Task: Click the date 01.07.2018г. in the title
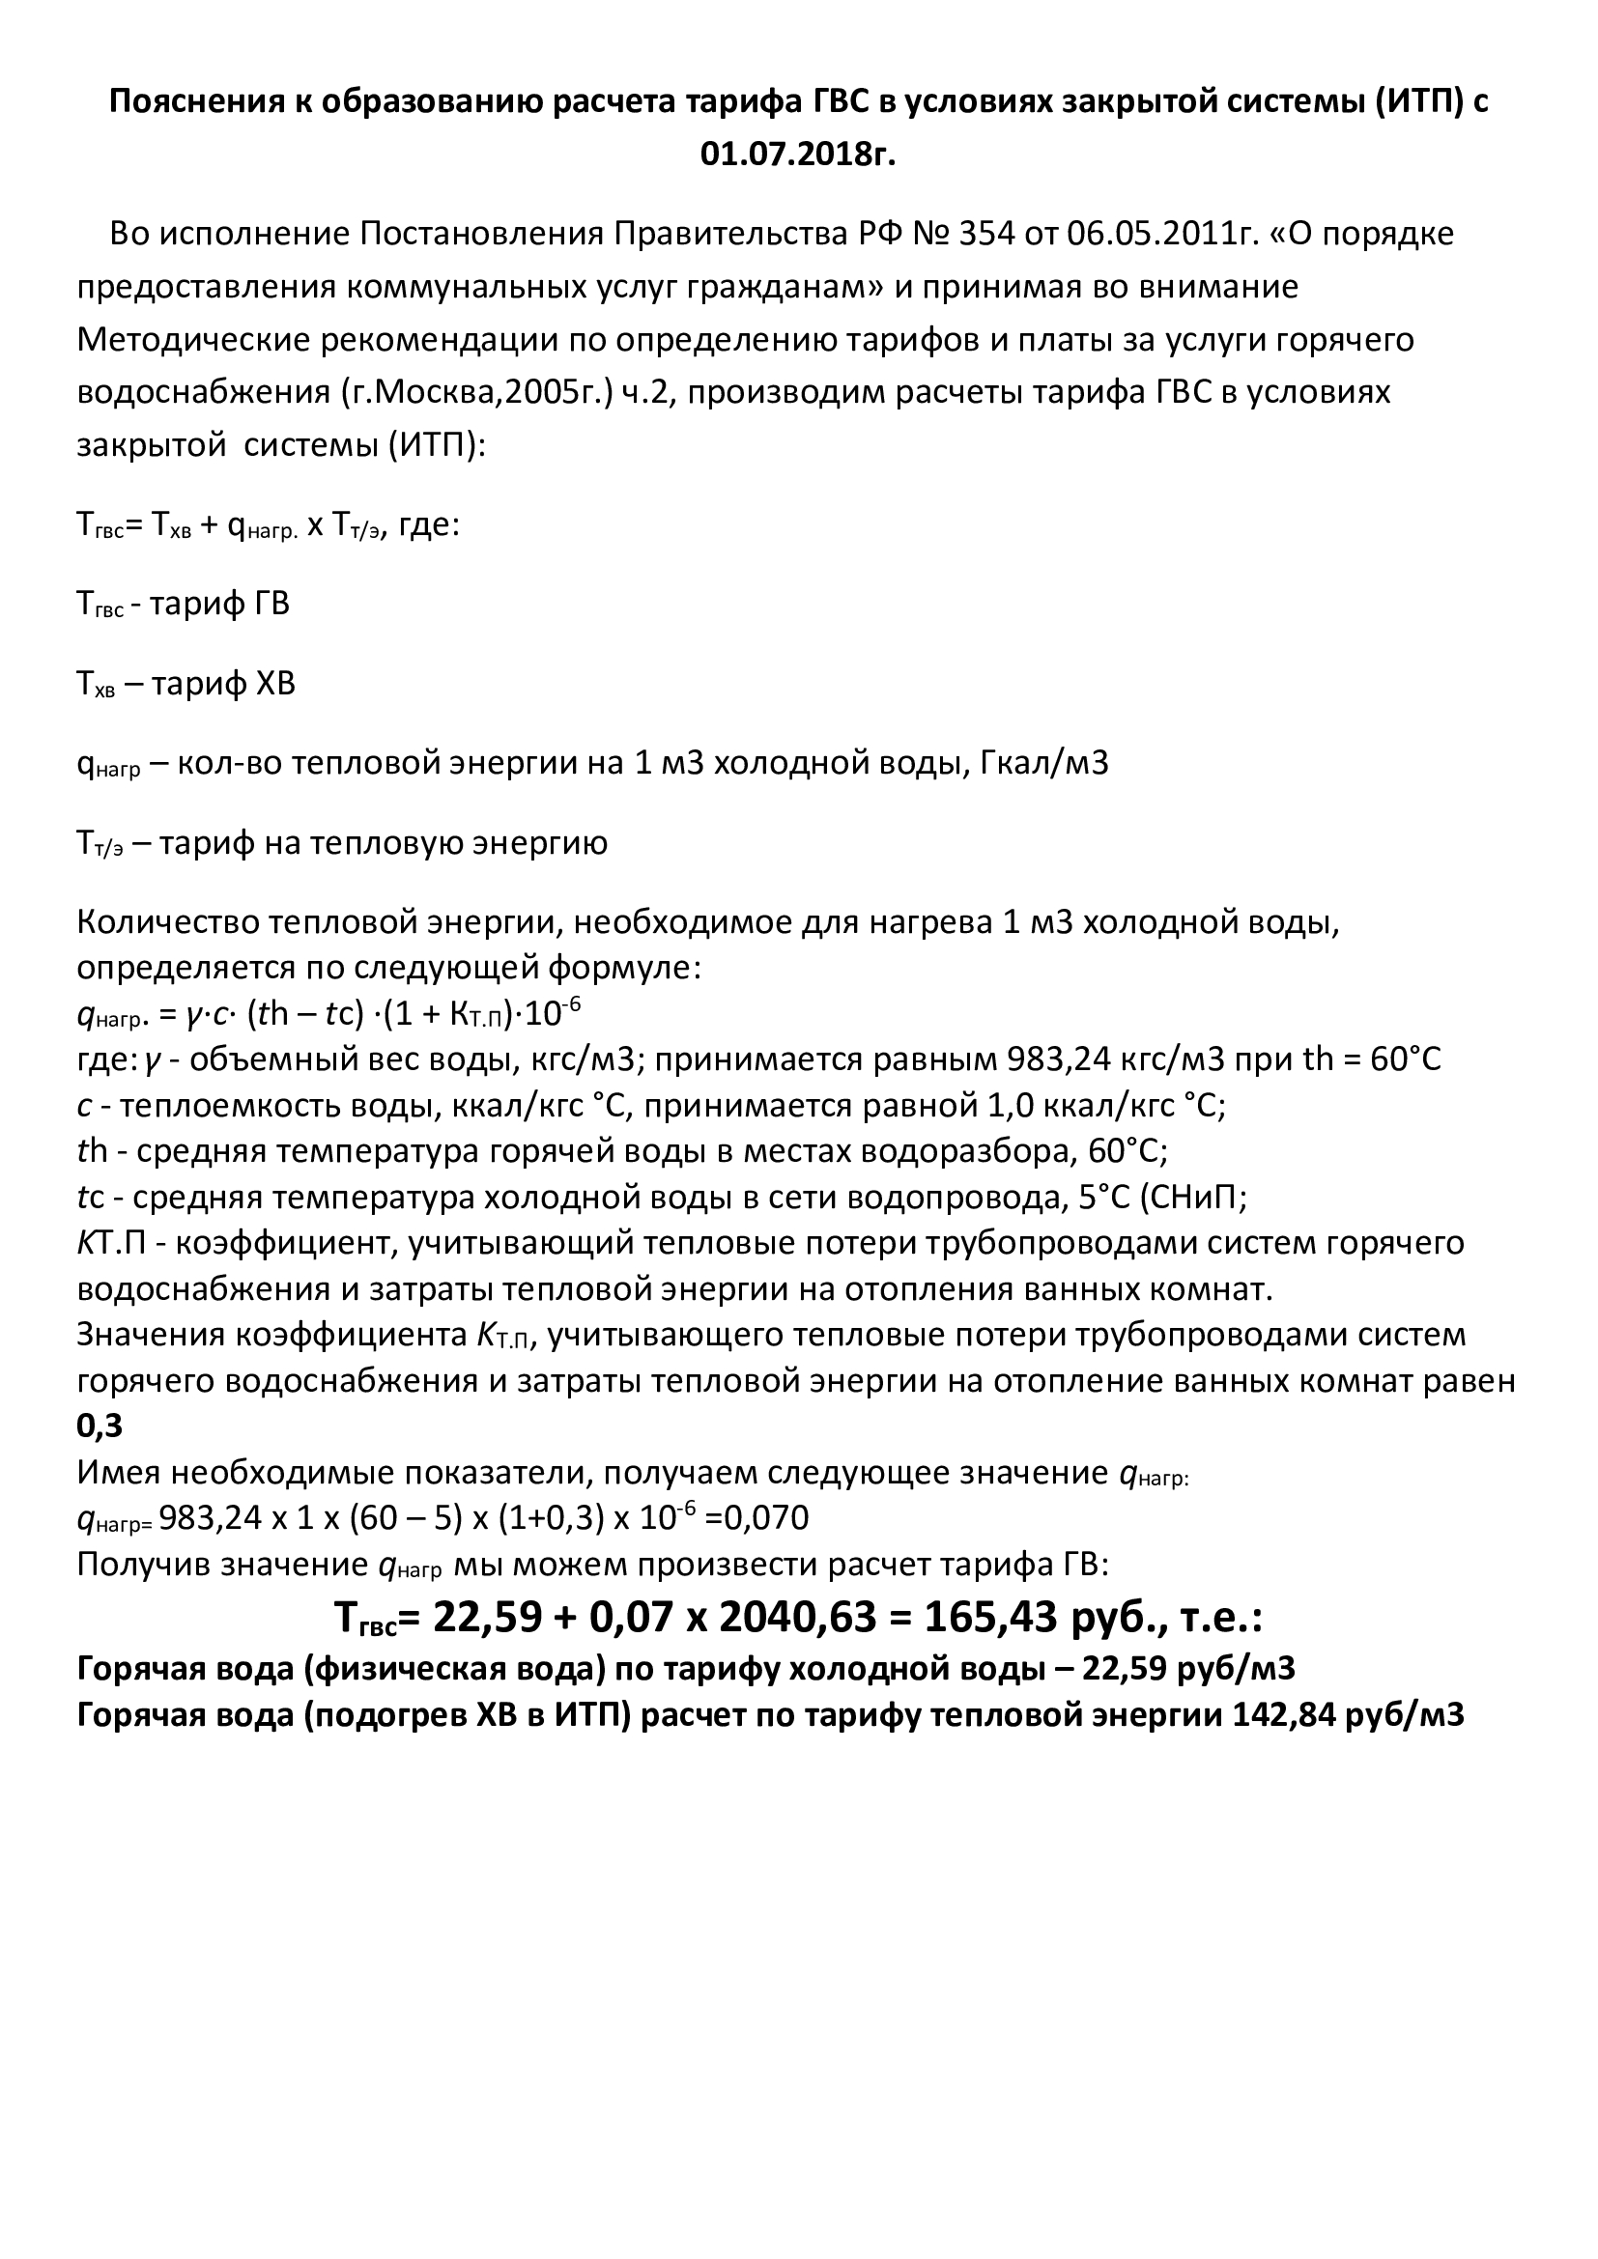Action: click(x=798, y=155)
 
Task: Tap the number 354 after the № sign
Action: click(x=986, y=234)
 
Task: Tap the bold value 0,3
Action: click(x=100, y=1426)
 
